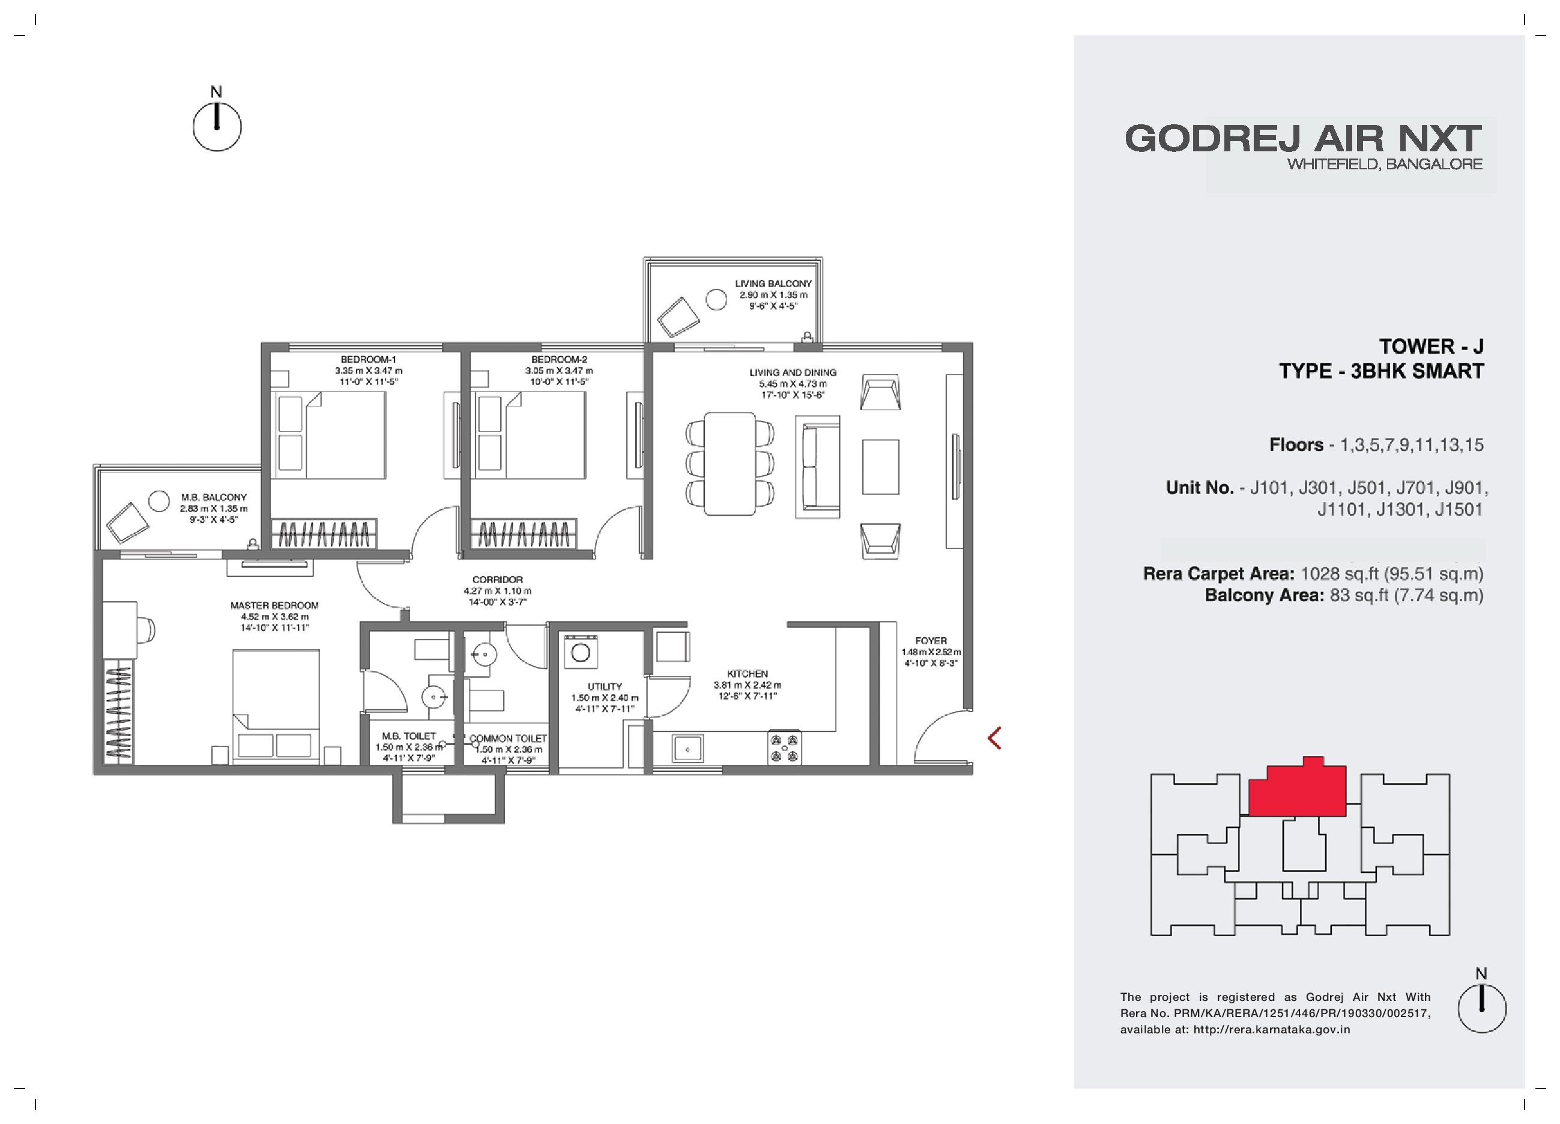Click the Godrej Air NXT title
tap(1303, 138)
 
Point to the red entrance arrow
tap(994, 738)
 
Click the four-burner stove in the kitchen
tap(785, 748)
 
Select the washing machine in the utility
tap(581, 651)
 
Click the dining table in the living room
tap(730, 463)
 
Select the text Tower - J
tap(1430, 346)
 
